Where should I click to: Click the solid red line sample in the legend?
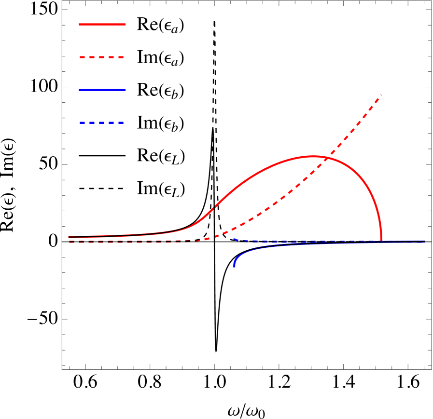point(102,24)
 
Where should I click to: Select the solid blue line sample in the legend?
point(102,90)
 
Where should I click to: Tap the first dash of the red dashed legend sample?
point(83,57)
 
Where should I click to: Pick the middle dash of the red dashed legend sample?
point(102,57)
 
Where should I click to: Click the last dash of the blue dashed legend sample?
point(121,122)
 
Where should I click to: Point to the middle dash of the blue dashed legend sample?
point(102,122)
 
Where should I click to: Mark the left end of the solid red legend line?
point(80,24)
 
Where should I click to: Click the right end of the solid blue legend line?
point(126,90)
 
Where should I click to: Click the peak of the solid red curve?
point(313,156)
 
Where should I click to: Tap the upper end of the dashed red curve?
point(381,95)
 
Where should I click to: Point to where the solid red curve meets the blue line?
point(381,240)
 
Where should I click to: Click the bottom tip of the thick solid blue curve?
point(234,266)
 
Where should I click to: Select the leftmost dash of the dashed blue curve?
point(235,239)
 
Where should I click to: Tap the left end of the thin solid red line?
point(69,237)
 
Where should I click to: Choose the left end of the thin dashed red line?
point(70,242)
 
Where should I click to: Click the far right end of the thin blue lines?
point(425,242)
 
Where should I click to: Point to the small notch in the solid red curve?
point(214,207)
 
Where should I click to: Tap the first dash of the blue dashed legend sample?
point(83,122)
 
